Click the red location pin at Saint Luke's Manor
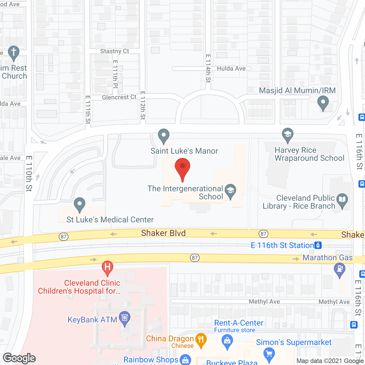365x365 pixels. tap(182, 167)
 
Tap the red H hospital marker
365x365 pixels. tap(108, 267)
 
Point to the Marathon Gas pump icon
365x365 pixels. tap(339, 269)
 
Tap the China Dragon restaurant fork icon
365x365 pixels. tap(201, 339)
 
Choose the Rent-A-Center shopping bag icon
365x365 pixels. tap(227, 341)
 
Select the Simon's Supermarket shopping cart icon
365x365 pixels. tap(269, 354)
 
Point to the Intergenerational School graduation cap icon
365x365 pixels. tap(230, 190)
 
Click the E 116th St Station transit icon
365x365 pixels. tap(318, 245)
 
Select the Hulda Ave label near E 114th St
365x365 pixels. tap(231, 68)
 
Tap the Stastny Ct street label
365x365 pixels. tap(115, 51)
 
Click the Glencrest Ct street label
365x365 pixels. tap(119, 97)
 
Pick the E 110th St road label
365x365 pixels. tap(29, 173)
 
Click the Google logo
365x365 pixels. tap(19, 358)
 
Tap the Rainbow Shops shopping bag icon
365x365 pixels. tap(186, 360)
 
